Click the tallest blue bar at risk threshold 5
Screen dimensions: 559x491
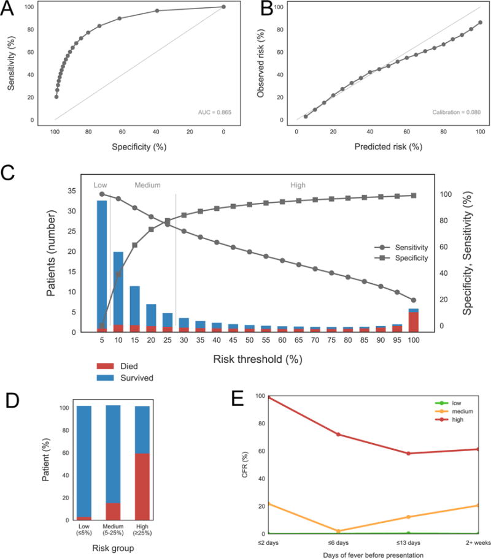(x=102, y=264)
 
